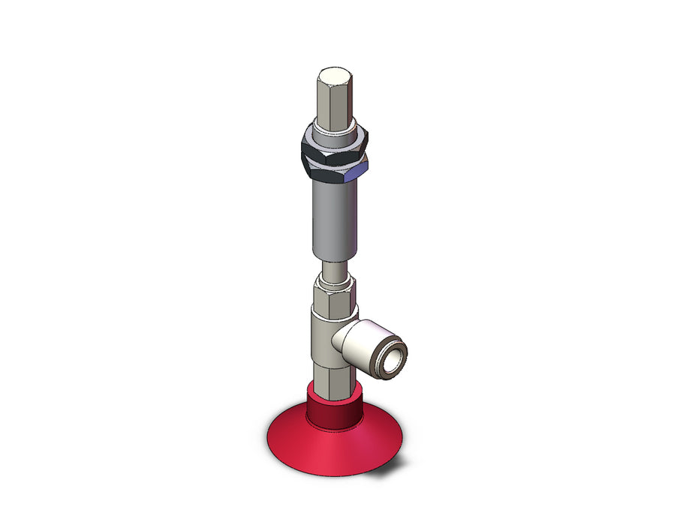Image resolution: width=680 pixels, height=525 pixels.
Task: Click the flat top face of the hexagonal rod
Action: [331, 76]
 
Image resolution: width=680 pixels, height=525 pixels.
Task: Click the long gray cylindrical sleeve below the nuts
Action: [331, 217]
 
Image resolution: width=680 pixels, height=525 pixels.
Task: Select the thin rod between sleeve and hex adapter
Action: [333, 268]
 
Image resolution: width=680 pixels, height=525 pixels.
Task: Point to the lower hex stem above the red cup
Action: [330, 375]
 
